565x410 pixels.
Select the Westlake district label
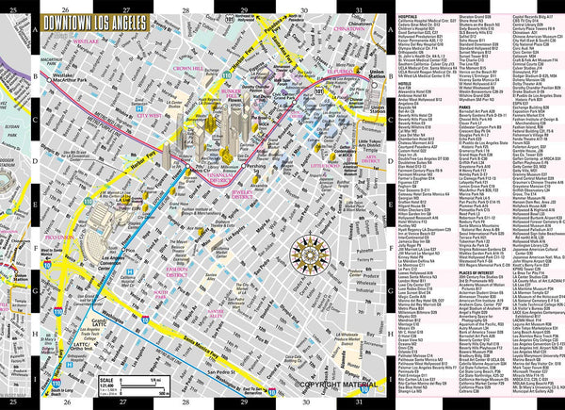click(78, 41)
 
